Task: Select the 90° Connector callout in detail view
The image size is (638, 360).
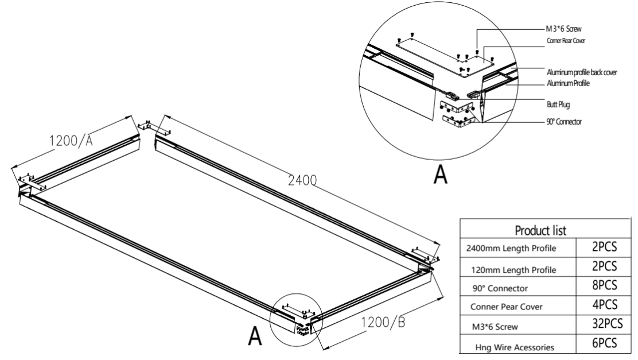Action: pyautogui.click(x=565, y=122)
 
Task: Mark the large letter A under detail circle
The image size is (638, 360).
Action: pyautogui.click(x=440, y=174)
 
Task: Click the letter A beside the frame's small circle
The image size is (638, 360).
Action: pyautogui.click(x=254, y=335)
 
